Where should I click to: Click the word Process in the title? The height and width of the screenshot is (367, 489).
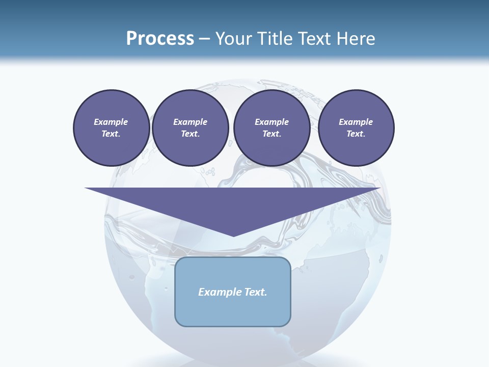pos(160,39)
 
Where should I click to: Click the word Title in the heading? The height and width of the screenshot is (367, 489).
pos(273,39)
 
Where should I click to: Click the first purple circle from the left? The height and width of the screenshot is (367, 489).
pos(111,127)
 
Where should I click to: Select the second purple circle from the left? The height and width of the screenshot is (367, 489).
pos(190,127)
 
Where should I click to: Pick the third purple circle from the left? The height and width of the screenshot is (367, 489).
pos(271,127)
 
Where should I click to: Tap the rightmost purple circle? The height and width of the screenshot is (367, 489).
pos(356,127)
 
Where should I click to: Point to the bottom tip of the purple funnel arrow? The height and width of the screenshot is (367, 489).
pos(233,235)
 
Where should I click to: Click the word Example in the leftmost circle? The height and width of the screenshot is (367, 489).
pos(111,122)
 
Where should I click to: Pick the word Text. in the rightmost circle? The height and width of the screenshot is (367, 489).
pos(356,134)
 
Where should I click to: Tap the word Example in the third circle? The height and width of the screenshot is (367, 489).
pos(271,122)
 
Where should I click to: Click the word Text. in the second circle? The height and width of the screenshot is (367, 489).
pos(190,134)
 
